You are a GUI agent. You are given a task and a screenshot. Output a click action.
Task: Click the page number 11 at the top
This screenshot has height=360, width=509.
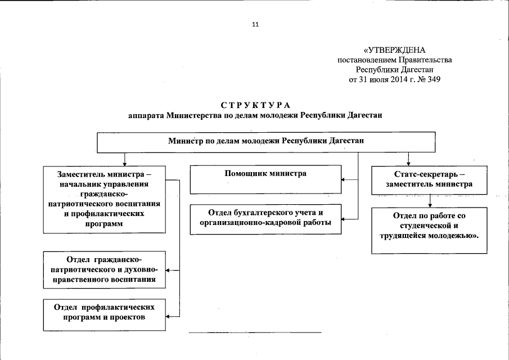click(255, 25)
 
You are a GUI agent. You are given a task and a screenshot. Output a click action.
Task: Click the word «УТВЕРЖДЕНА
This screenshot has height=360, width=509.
click(398, 50)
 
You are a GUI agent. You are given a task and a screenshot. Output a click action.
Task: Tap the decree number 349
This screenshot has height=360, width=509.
click(433, 79)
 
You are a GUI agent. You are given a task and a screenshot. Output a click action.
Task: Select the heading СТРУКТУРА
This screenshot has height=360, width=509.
click(255, 105)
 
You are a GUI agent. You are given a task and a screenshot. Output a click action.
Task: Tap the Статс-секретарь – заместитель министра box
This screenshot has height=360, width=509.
click(430, 179)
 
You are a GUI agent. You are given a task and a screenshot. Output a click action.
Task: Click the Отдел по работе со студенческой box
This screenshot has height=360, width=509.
click(430, 229)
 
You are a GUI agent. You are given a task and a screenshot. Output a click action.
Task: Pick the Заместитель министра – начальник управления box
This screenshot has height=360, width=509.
click(105, 199)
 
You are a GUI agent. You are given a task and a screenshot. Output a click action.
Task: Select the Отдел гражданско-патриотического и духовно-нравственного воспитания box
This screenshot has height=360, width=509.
click(105, 269)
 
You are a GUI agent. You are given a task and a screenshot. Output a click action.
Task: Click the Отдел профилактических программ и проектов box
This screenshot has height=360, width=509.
click(105, 314)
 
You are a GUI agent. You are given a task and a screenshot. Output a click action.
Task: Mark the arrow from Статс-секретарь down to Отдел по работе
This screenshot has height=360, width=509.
click(430, 200)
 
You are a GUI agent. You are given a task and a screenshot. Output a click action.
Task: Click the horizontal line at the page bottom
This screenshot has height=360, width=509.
click(255, 333)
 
